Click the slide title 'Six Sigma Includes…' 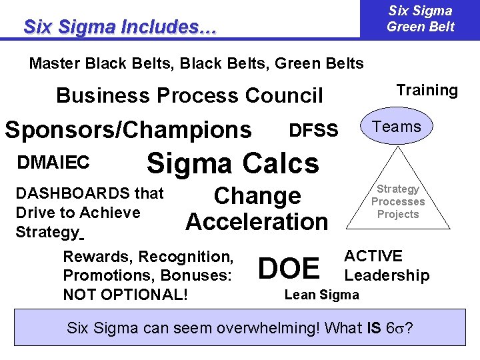(x=120, y=27)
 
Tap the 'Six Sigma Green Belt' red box (x=420, y=19)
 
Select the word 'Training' (x=427, y=91)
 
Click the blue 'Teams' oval (x=397, y=127)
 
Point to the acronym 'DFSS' (x=313, y=130)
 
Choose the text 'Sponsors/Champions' (x=128, y=129)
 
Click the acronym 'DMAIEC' (x=53, y=162)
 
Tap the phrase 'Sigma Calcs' (x=233, y=163)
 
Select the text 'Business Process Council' (x=189, y=96)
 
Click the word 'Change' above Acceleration (x=257, y=196)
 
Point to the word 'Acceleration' (x=257, y=221)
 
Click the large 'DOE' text (x=289, y=268)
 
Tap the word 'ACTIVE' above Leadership (x=373, y=256)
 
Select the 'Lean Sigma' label (x=321, y=295)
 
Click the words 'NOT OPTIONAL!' (x=125, y=294)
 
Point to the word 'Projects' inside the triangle (x=398, y=214)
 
